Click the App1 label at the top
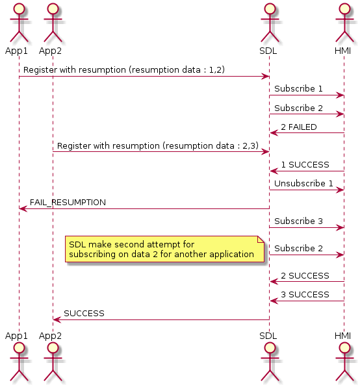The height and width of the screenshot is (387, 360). pyautogui.click(x=16, y=51)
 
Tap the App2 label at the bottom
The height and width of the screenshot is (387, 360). pyautogui.click(x=50, y=336)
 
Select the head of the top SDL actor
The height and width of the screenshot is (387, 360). pyautogui.click(x=270, y=8)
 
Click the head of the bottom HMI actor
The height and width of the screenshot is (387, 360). pyautogui.click(x=344, y=348)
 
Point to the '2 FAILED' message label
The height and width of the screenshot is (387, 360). pyautogui.click(x=299, y=127)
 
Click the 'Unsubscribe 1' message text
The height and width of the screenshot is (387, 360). pyautogui.click(x=303, y=183)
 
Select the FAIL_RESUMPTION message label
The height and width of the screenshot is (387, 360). pyautogui.click(x=68, y=203)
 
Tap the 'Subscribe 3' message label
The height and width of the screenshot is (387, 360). pyautogui.click(x=298, y=221)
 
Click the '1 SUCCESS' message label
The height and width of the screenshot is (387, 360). pyautogui.click(x=305, y=165)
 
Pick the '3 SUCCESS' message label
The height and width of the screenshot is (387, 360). pyautogui.click(x=305, y=294)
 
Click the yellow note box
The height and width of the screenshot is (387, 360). pyautogui.click(x=164, y=249)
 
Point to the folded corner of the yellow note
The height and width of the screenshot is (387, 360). pyautogui.click(x=261, y=239)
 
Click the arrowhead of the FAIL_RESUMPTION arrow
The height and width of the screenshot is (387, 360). pyautogui.click(x=23, y=209)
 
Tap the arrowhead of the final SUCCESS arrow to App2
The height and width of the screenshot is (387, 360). pyautogui.click(x=57, y=320)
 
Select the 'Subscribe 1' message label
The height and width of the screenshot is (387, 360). pyautogui.click(x=298, y=88)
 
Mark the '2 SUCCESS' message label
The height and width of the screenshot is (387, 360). pyautogui.click(x=305, y=276)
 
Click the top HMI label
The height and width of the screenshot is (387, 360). pyautogui.click(x=342, y=51)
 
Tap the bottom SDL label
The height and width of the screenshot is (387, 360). pyautogui.click(x=268, y=336)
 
